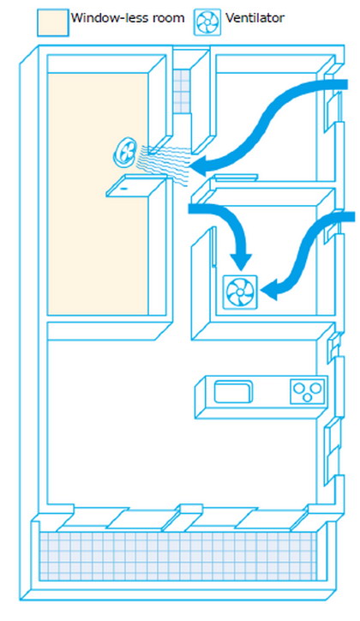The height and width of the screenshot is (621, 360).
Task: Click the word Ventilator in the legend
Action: point(255,18)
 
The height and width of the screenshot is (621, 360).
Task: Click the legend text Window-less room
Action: point(128,18)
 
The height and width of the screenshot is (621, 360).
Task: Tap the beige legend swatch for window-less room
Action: point(53,23)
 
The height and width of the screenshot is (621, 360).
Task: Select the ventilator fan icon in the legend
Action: point(207,23)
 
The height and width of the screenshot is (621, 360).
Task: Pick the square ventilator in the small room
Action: point(240,292)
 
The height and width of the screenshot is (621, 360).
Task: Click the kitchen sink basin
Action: point(233,392)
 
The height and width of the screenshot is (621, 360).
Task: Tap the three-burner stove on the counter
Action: point(308,392)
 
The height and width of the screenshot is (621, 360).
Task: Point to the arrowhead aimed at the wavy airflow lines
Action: point(201,165)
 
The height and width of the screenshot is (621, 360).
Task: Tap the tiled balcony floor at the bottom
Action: point(177,556)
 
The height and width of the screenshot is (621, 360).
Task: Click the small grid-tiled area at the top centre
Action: point(182,91)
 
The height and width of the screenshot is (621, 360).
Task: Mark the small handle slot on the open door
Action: point(123,189)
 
